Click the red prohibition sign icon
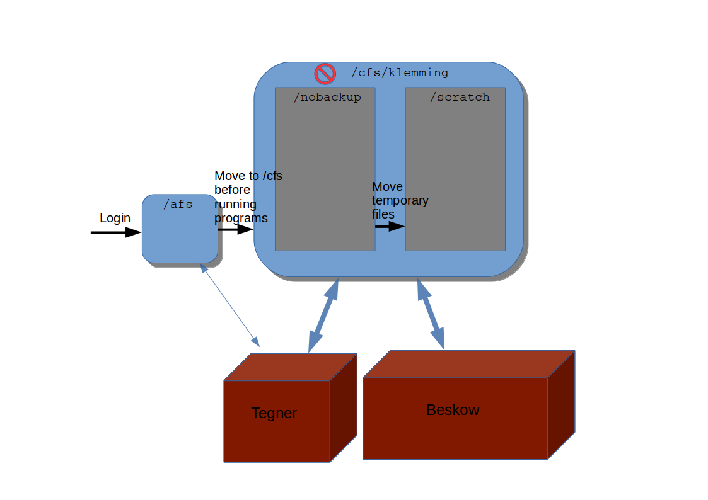[325, 74]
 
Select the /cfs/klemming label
[400, 73]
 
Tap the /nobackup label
[327, 98]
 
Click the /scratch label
[460, 98]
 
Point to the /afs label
[178, 204]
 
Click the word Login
[115, 219]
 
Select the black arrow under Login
[116, 232]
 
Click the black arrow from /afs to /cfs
[235, 229]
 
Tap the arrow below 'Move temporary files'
[389, 226]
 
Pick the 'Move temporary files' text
[399, 200]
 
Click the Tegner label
[274, 414]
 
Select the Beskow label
[453, 410]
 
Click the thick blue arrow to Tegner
[323, 315]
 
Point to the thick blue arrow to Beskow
[431, 314]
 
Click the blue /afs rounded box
[180, 236]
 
